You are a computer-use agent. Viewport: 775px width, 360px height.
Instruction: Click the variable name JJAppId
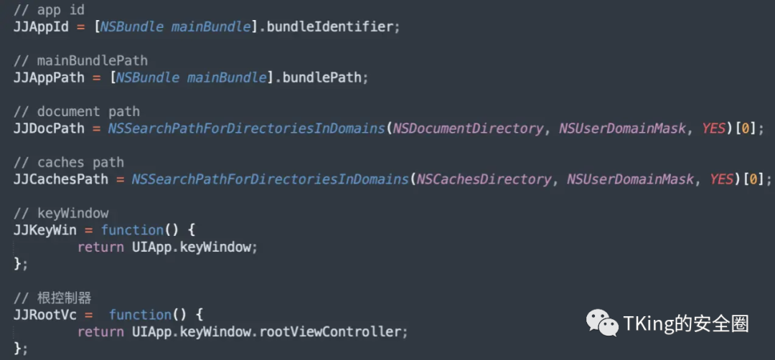point(41,27)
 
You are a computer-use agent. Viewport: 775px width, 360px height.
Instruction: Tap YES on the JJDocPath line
point(715,128)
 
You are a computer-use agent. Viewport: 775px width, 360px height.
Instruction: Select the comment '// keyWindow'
point(61,213)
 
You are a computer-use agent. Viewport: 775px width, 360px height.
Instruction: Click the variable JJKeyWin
point(45,230)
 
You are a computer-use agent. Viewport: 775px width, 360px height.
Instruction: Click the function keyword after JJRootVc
point(140,315)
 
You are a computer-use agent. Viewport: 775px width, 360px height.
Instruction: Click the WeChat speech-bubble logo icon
point(602,323)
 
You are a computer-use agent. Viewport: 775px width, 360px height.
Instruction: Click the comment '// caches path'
point(68,162)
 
